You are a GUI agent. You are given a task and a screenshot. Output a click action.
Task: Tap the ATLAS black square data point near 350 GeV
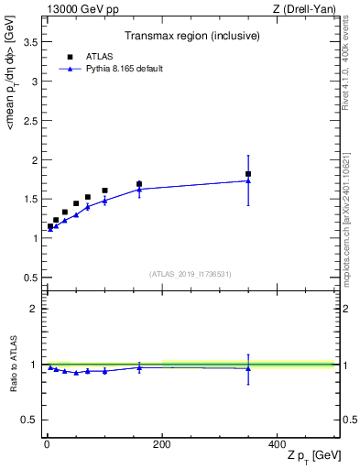[248, 174]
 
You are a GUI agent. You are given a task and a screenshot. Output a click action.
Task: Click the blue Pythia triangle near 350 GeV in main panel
[248, 180]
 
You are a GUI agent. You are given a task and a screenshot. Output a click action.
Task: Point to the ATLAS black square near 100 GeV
[104, 191]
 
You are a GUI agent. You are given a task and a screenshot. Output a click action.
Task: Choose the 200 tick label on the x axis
[162, 444]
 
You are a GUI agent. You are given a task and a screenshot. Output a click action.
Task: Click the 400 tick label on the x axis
[277, 444]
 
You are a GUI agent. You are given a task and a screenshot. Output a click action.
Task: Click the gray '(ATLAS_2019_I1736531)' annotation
[191, 274]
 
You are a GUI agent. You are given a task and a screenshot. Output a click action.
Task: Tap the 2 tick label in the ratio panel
[34, 309]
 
